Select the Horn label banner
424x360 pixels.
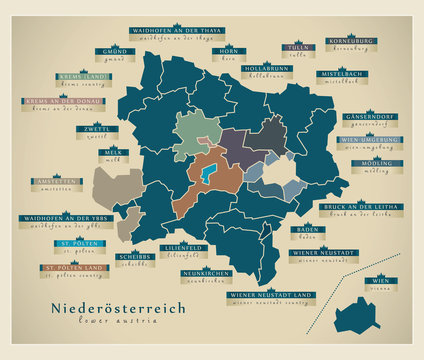230,51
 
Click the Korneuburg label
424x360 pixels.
350,42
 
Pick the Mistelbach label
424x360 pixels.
341,74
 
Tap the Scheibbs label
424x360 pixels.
137,256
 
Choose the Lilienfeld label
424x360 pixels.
177,246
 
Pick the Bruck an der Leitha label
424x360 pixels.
346,207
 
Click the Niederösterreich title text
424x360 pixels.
119,310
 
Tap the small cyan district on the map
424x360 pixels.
206,176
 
